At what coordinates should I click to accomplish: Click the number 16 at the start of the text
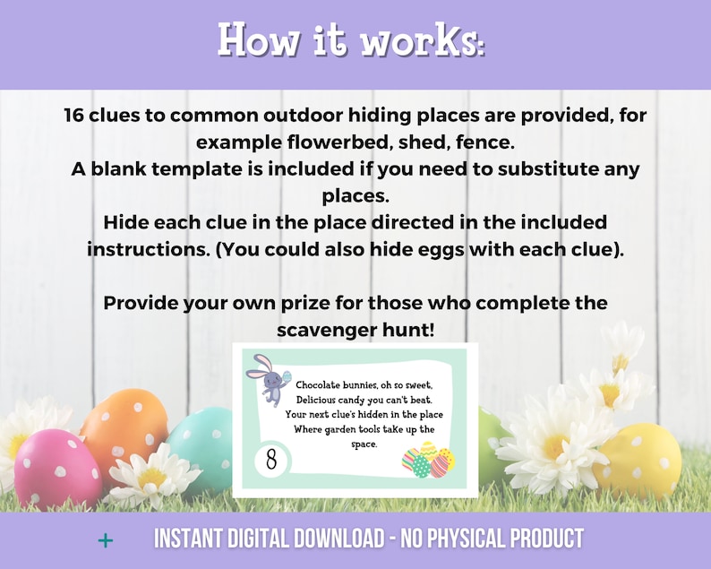77,116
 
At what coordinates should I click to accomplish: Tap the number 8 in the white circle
270,461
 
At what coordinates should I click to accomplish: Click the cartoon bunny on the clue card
262,375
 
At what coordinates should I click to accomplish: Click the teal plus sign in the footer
106,539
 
